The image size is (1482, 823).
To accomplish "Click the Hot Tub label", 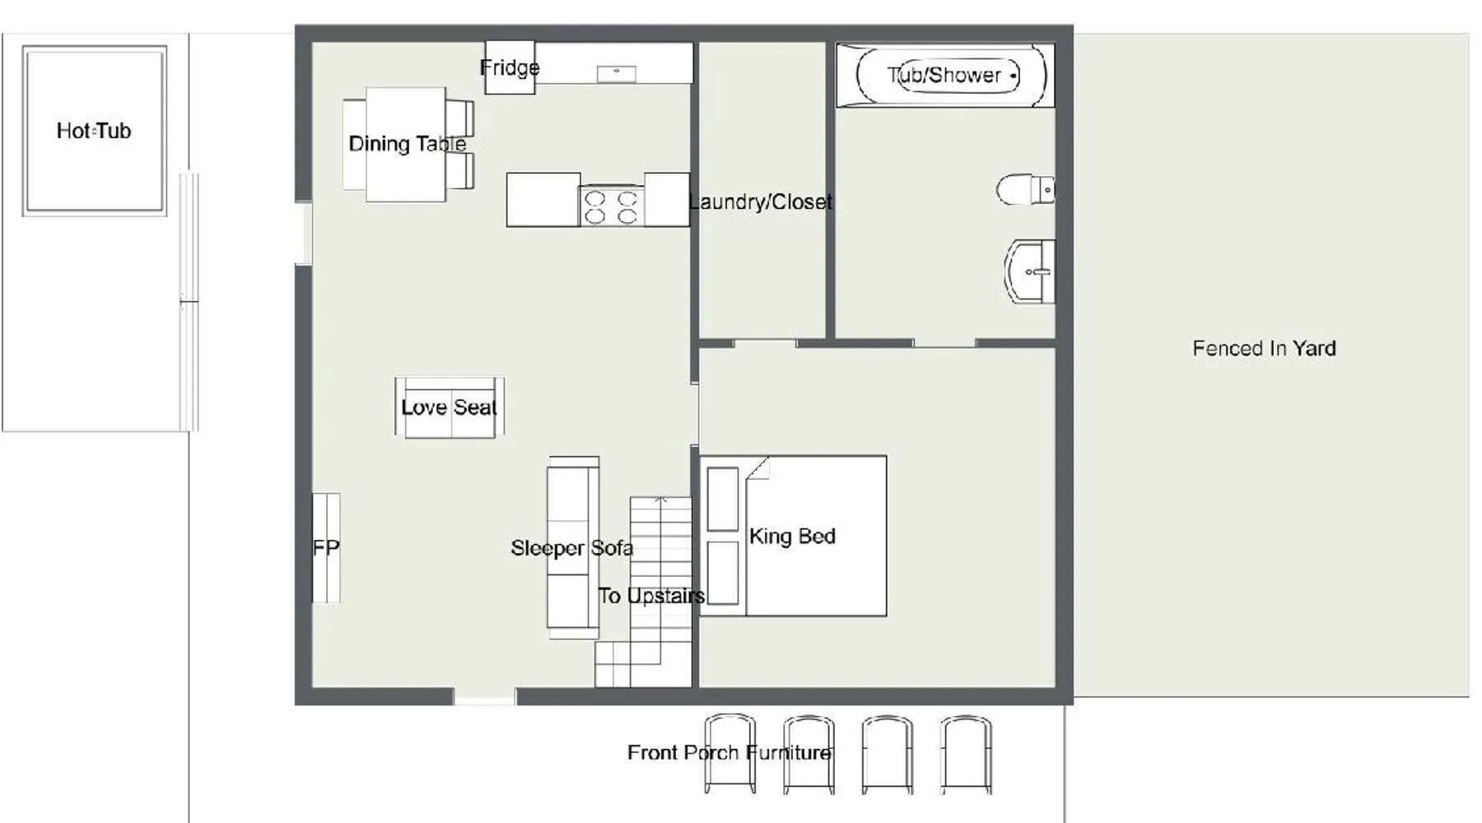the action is (x=94, y=131).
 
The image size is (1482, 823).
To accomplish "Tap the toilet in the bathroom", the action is (x=1025, y=189).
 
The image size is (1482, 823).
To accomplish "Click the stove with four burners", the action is (x=612, y=207).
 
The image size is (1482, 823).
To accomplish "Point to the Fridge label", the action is (x=510, y=67).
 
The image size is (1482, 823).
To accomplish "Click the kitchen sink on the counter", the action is (x=617, y=74).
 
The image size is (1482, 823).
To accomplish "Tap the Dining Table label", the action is (x=408, y=144).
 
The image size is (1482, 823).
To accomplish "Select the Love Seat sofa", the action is (x=450, y=407).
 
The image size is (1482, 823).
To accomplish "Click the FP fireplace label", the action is (x=326, y=548).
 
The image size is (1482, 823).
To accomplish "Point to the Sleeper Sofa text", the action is (x=572, y=548).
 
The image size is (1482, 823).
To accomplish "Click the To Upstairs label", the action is (x=651, y=596).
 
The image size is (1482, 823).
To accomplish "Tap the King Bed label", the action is (x=792, y=537).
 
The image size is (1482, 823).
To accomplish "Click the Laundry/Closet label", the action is (x=761, y=202).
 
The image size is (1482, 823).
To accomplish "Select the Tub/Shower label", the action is (x=944, y=75).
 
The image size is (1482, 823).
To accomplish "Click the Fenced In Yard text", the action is (x=1264, y=348).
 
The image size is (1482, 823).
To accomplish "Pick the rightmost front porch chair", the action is (x=966, y=754).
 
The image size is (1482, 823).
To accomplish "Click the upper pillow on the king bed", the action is (x=723, y=499).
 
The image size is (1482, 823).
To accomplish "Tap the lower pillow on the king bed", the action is (x=723, y=573).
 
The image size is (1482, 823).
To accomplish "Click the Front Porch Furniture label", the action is (x=729, y=752).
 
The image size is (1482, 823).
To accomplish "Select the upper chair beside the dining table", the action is (x=460, y=118).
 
